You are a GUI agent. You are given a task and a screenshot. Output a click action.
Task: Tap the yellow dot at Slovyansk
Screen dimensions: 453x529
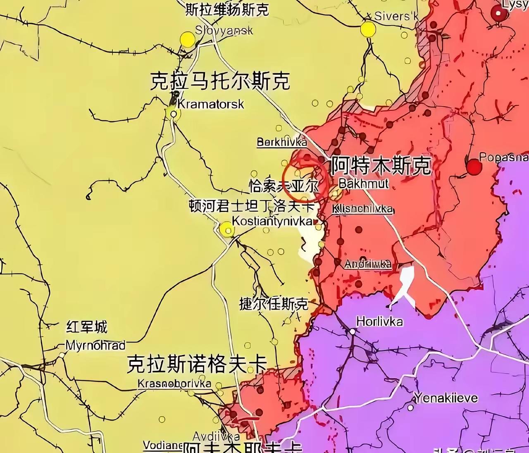(x=188, y=40)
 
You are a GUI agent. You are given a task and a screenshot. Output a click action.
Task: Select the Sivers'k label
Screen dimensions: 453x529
(x=396, y=17)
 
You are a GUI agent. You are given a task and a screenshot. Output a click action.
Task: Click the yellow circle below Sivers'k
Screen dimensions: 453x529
(x=368, y=29)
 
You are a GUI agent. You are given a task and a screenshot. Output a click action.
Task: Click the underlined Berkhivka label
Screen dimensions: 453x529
(x=282, y=142)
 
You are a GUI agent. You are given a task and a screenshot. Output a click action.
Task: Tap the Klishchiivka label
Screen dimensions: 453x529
(x=363, y=209)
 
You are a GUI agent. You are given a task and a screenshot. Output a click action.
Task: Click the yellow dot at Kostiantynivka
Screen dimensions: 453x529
(x=226, y=229)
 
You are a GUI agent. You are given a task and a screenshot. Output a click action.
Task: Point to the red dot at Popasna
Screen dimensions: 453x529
(x=474, y=168)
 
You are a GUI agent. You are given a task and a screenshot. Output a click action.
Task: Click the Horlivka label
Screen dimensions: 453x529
(x=379, y=321)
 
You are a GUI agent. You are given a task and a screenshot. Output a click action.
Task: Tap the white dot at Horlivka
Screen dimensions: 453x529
(x=353, y=331)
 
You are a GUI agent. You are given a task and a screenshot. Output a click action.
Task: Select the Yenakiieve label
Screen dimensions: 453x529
(x=446, y=398)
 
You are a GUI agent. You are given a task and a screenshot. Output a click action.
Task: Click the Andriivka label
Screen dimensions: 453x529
(x=367, y=264)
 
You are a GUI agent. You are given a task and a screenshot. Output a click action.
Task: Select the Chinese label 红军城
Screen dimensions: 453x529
(x=87, y=327)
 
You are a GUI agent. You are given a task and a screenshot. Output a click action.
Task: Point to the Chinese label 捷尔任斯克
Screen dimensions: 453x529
(x=274, y=304)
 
